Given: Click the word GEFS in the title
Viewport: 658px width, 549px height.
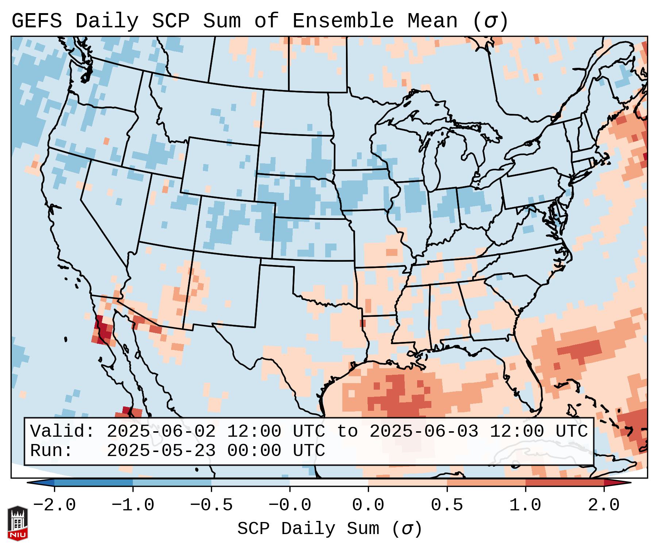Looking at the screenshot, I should point(36,21).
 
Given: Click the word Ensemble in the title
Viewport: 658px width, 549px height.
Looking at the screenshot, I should point(343,21).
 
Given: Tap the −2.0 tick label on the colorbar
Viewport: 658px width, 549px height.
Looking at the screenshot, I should point(54,505).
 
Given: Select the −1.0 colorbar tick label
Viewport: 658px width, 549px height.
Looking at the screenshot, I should point(133,505).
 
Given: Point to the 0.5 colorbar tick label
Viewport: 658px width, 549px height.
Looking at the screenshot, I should point(447,505).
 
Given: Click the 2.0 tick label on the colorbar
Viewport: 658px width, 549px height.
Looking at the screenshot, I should point(604,505).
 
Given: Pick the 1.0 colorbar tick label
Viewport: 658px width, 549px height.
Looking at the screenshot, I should point(525,505).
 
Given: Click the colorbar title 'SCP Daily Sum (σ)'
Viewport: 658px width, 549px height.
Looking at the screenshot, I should point(330,529).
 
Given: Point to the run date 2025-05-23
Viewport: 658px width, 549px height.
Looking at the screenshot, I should point(161,451).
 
